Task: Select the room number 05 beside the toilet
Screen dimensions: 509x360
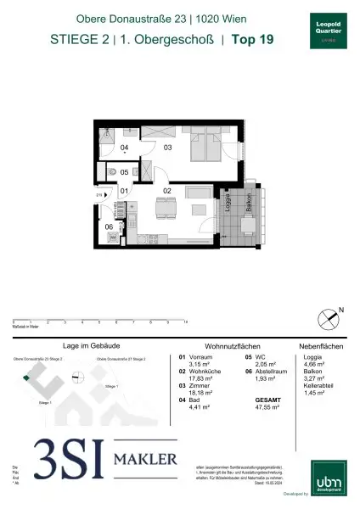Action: pyautogui.click(x=124, y=172)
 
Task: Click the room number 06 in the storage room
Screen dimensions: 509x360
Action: pyautogui.click(x=109, y=227)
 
